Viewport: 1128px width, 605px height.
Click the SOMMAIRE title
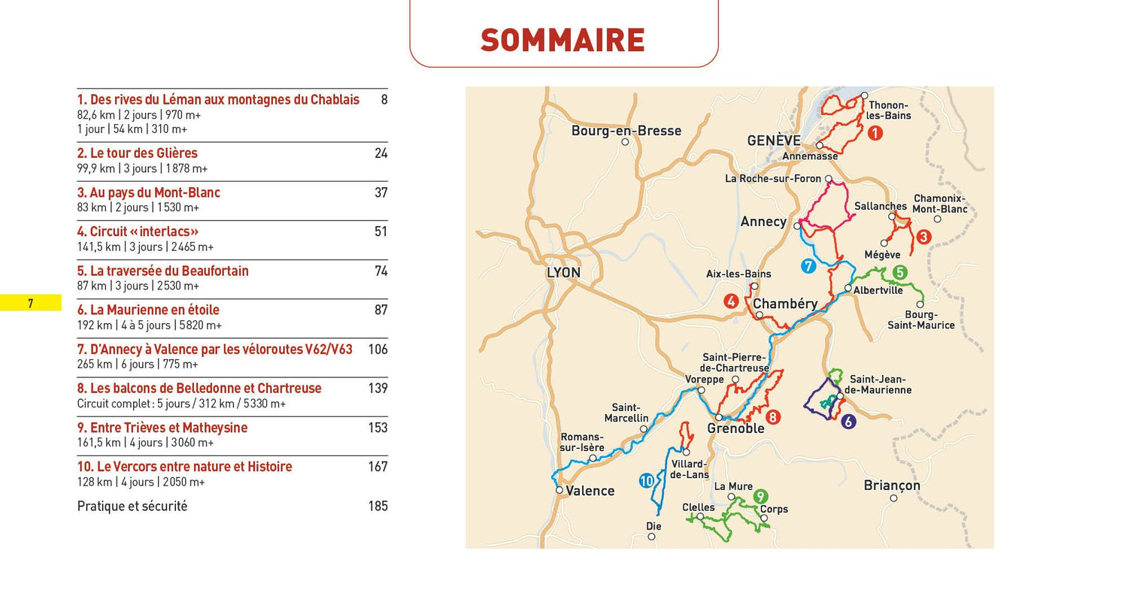pos(562,40)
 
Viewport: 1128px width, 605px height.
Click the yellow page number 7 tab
pos(31,304)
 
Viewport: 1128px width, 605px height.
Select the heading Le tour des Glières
pos(137,153)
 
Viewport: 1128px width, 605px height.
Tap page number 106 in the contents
pos(378,349)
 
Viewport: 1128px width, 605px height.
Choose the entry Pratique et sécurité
pos(132,507)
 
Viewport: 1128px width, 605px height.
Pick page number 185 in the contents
pos(378,507)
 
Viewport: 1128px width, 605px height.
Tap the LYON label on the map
pos(563,273)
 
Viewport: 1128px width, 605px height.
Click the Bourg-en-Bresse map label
pos(626,131)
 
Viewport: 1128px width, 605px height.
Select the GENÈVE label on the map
pos(774,141)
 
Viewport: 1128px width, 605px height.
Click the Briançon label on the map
pos(892,486)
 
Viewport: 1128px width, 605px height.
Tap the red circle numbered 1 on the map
pos(875,133)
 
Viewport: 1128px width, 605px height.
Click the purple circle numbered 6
pos(848,422)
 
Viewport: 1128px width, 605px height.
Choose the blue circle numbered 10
pos(646,481)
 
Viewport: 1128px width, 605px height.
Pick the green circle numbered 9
pos(760,496)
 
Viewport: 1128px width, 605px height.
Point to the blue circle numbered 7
pos(808,266)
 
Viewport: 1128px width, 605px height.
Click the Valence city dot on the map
pos(559,490)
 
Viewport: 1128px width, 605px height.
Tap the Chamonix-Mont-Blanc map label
pos(940,204)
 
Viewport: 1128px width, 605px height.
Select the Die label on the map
pos(653,526)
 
